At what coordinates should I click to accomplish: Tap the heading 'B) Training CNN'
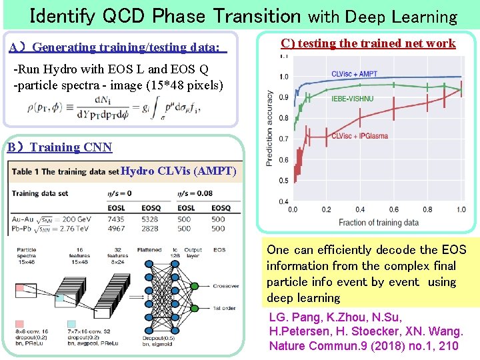coord(60,147)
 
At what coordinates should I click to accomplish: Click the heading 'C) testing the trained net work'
coord(368,43)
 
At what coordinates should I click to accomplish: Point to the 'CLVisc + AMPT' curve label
coord(354,73)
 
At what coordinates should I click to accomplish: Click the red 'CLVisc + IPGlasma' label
coord(359,136)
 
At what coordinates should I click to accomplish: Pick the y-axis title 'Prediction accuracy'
coord(270,128)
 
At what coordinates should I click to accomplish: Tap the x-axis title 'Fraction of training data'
coord(379,222)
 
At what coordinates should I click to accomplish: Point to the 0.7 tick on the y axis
coord(284,139)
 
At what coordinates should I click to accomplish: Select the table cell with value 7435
coord(115,219)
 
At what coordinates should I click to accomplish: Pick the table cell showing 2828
coord(151,229)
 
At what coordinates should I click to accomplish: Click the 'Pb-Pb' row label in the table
coord(24,229)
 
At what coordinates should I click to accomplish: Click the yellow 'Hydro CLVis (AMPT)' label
coord(179,171)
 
